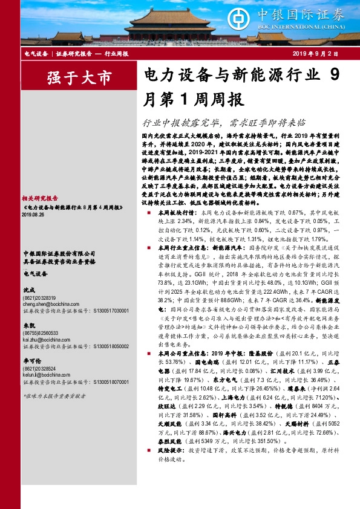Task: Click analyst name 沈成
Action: pyautogui.click(x=27, y=290)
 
